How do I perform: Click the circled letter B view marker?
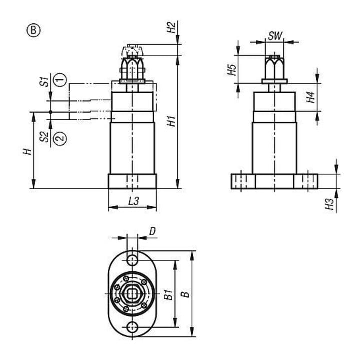point(34,30)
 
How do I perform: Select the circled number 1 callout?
point(60,80)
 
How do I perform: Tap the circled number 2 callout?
point(60,138)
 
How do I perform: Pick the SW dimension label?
point(275,36)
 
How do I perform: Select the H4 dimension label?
point(311,97)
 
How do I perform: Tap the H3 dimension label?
point(329,204)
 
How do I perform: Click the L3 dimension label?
point(134,201)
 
